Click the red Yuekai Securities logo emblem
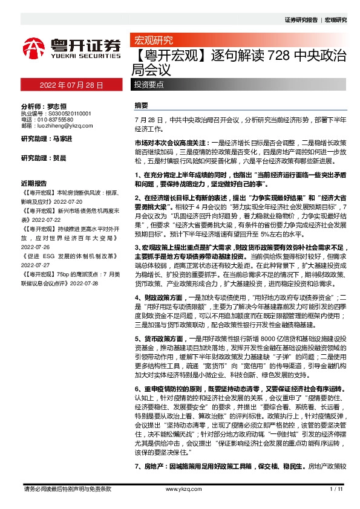(x=34, y=48)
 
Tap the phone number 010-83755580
(x=58, y=120)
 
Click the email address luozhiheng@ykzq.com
(x=63, y=127)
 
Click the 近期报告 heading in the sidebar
(x=33, y=182)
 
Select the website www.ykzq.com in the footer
(x=180, y=488)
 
